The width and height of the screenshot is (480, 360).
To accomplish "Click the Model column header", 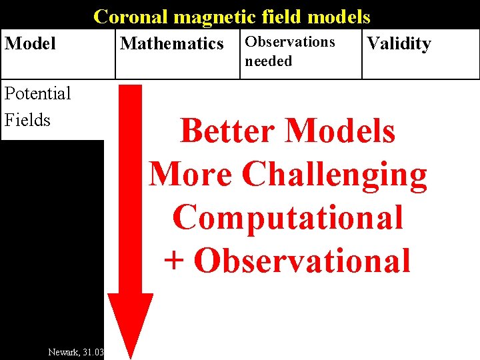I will (x=30, y=44).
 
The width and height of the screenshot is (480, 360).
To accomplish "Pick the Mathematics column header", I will (x=171, y=44).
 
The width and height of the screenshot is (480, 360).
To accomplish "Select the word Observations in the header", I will (x=290, y=41).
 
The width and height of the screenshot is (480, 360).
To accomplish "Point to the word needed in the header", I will (x=268, y=61).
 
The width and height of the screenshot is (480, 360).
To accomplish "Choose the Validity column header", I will (x=399, y=44).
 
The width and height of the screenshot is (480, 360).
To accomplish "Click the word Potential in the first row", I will (x=37, y=93).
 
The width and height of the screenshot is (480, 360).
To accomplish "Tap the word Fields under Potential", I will (x=27, y=120).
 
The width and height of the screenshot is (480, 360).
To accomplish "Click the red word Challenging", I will (x=335, y=174).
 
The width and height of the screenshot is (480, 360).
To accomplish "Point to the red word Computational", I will (x=288, y=217).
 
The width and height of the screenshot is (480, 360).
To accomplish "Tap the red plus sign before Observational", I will (x=173, y=261).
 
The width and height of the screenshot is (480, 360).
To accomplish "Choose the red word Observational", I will (x=302, y=261).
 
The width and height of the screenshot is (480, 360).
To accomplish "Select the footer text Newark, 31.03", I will (x=76, y=351).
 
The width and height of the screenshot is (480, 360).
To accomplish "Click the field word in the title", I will (x=279, y=16).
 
